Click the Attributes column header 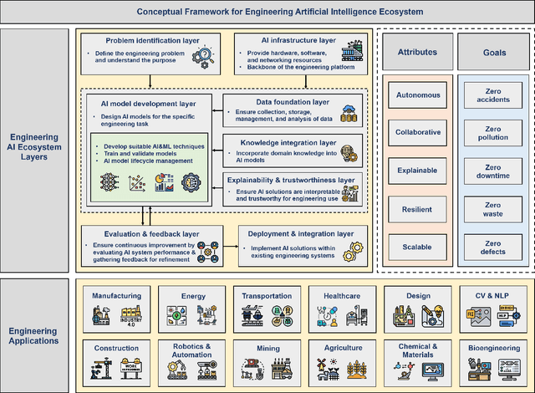coord(417,51)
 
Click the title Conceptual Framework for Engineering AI coord(267,11)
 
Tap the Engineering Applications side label coord(35,334)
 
